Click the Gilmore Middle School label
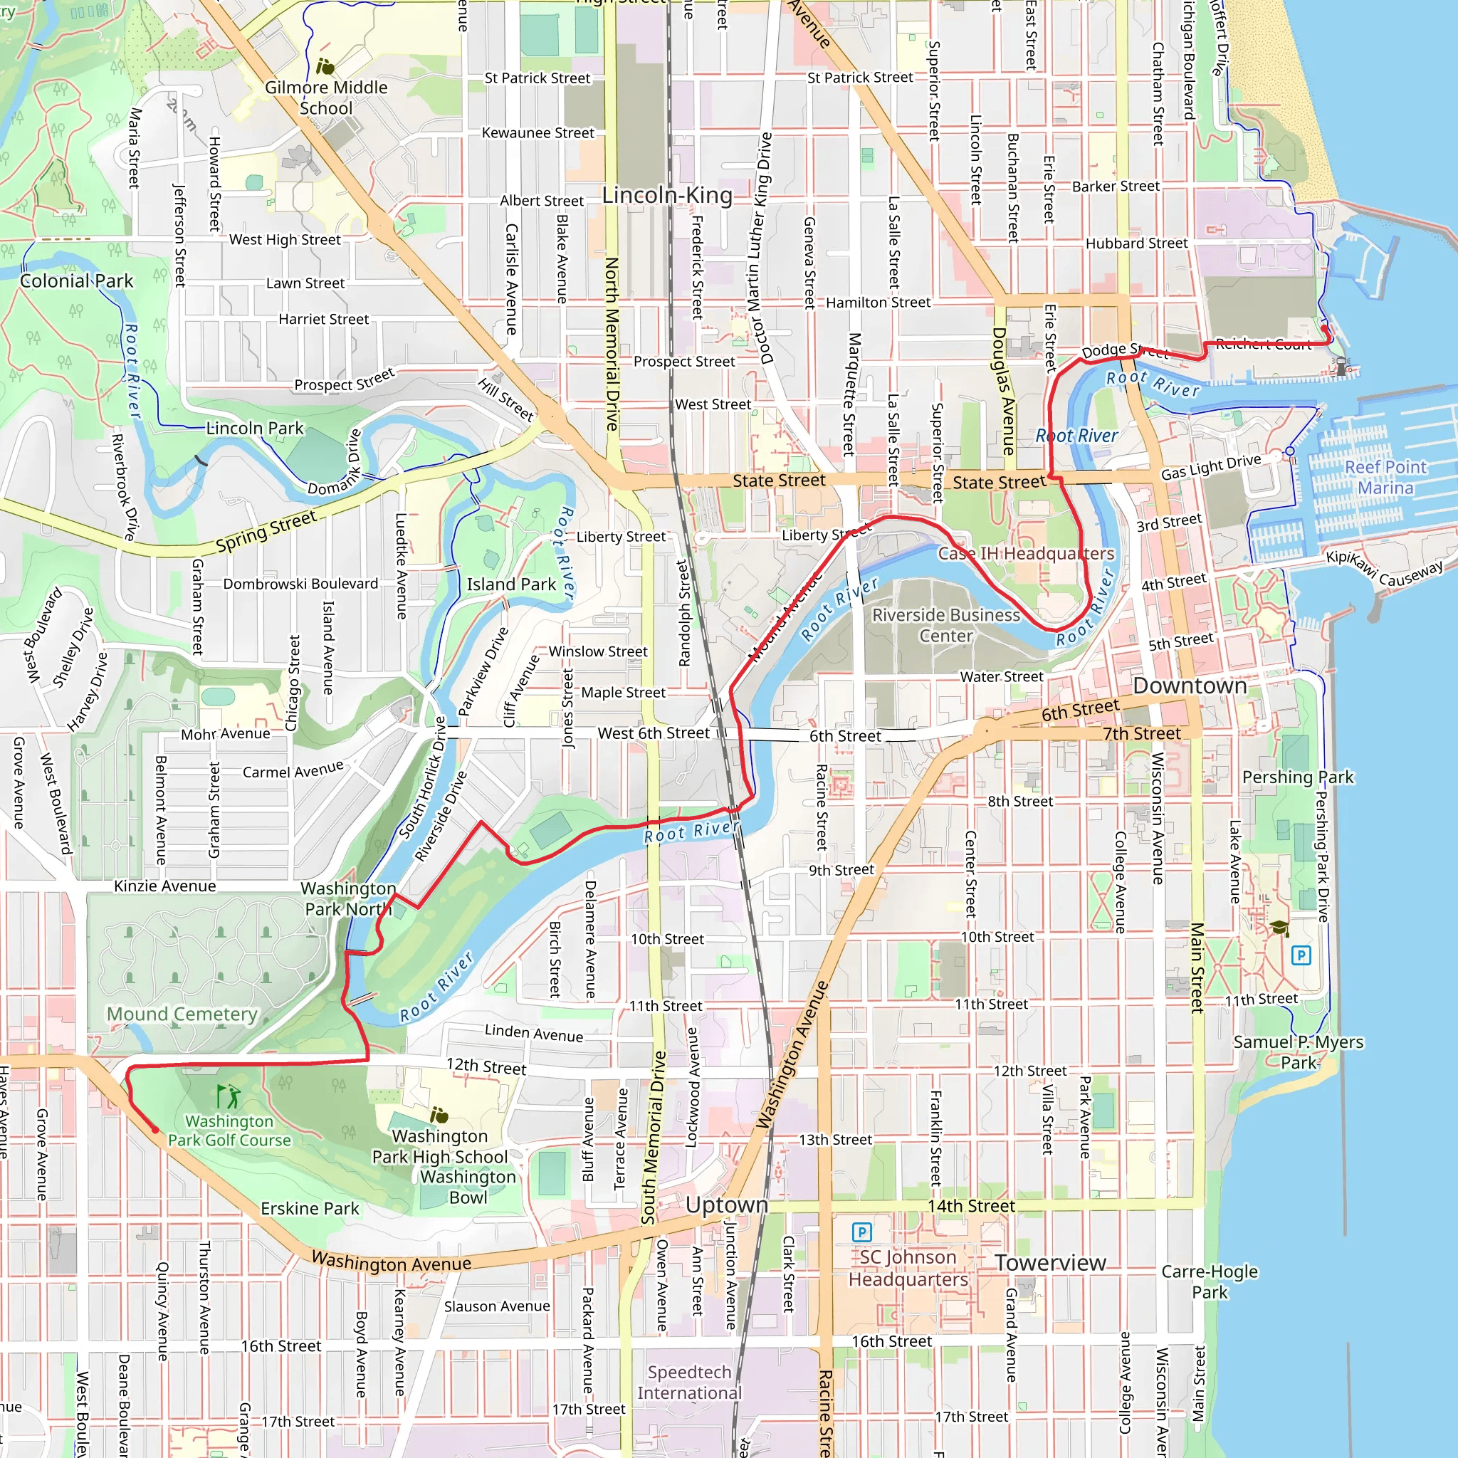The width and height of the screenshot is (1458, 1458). pyautogui.click(x=326, y=98)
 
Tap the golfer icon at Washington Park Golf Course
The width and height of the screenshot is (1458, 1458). pyautogui.click(x=228, y=1096)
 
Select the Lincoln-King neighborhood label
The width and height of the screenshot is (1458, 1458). pyautogui.click(x=667, y=196)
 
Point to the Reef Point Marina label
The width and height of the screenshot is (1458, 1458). pyautogui.click(x=1385, y=477)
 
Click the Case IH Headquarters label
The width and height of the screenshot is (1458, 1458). pyautogui.click(x=1026, y=553)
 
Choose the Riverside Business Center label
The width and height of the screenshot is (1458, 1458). pyautogui.click(x=945, y=625)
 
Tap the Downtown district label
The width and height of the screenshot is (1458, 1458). pyautogui.click(x=1190, y=686)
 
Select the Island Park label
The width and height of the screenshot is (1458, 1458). pyautogui.click(x=511, y=584)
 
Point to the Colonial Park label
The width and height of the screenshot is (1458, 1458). pyautogui.click(x=76, y=280)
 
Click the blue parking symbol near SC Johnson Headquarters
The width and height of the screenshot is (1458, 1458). pyautogui.click(x=862, y=1232)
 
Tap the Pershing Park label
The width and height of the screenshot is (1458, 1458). pyautogui.click(x=1298, y=777)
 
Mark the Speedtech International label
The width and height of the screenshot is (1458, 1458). pyautogui.click(x=689, y=1383)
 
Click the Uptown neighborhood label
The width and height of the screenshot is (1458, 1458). pyautogui.click(x=727, y=1205)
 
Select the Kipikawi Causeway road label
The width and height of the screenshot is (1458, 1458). pyautogui.click(x=1384, y=568)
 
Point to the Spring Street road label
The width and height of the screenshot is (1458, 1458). pyautogui.click(x=266, y=530)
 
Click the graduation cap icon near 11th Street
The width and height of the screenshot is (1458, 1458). pyautogui.click(x=1279, y=928)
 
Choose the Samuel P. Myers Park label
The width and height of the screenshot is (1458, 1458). pyautogui.click(x=1298, y=1052)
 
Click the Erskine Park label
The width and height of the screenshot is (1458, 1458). pyautogui.click(x=310, y=1208)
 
